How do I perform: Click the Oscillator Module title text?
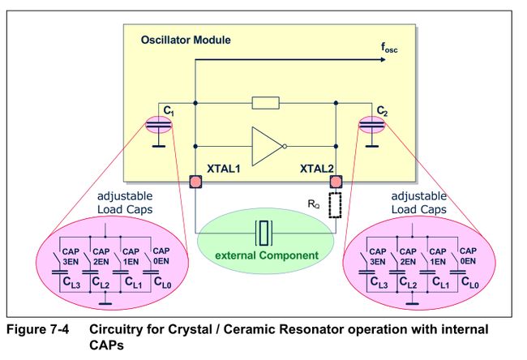coord(186,40)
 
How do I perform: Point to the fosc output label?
coord(389,48)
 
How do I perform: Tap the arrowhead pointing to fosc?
coord(383,60)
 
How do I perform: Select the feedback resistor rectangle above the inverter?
coord(265,103)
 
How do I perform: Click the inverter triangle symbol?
coord(268,146)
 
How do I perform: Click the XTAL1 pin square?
coord(195,182)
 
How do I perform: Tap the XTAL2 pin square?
coord(336,182)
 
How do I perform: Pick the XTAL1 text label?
coord(224,169)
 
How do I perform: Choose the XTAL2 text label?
coord(316,169)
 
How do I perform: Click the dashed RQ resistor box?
coord(335,205)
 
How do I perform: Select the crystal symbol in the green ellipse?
coord(263,233)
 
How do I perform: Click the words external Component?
coord(267,255)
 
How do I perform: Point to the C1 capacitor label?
coord(169,110)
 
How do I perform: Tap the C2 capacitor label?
coord(382,110)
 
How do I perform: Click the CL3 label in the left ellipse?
coord(71,282)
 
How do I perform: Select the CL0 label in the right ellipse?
coord(470,282)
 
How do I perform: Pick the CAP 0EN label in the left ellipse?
coord(161,256)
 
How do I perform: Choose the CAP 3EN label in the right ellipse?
coord(378,256)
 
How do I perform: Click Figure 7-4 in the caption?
coord(37,329)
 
